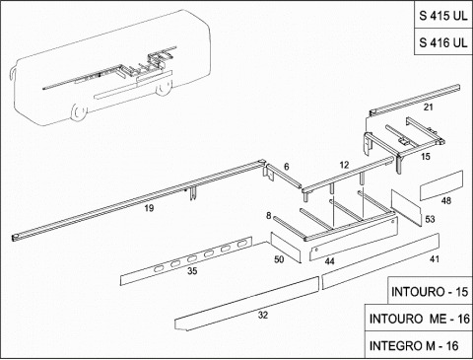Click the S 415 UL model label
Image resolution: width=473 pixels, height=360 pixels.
(442, 16)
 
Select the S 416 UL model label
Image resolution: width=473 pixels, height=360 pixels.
(442, 42)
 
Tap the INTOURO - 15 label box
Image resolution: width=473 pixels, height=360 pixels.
(430, 292)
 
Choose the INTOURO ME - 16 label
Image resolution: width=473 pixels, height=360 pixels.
(420, 319)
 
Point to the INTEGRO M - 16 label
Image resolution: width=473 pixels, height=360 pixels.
(414, 345)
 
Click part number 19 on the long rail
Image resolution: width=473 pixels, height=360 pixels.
(149, 208)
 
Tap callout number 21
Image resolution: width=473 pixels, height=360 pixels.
(428, 108)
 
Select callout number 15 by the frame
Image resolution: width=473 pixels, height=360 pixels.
(426, 157)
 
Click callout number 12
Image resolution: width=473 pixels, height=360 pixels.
(344, 165)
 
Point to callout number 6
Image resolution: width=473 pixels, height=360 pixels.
(287, 167)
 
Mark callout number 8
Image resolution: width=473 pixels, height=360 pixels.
(269, 216)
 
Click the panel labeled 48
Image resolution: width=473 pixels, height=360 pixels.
(441, 185)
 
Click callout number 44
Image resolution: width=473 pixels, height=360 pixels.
(329, 261)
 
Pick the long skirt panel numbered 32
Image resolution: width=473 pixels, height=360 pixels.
(246, 303)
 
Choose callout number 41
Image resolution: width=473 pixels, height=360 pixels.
(435, 259)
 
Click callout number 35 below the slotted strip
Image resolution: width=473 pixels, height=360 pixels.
(192, 271)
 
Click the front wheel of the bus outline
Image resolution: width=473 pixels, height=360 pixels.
(78, 111)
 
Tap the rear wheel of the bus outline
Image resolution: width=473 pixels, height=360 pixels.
(164, 89)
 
